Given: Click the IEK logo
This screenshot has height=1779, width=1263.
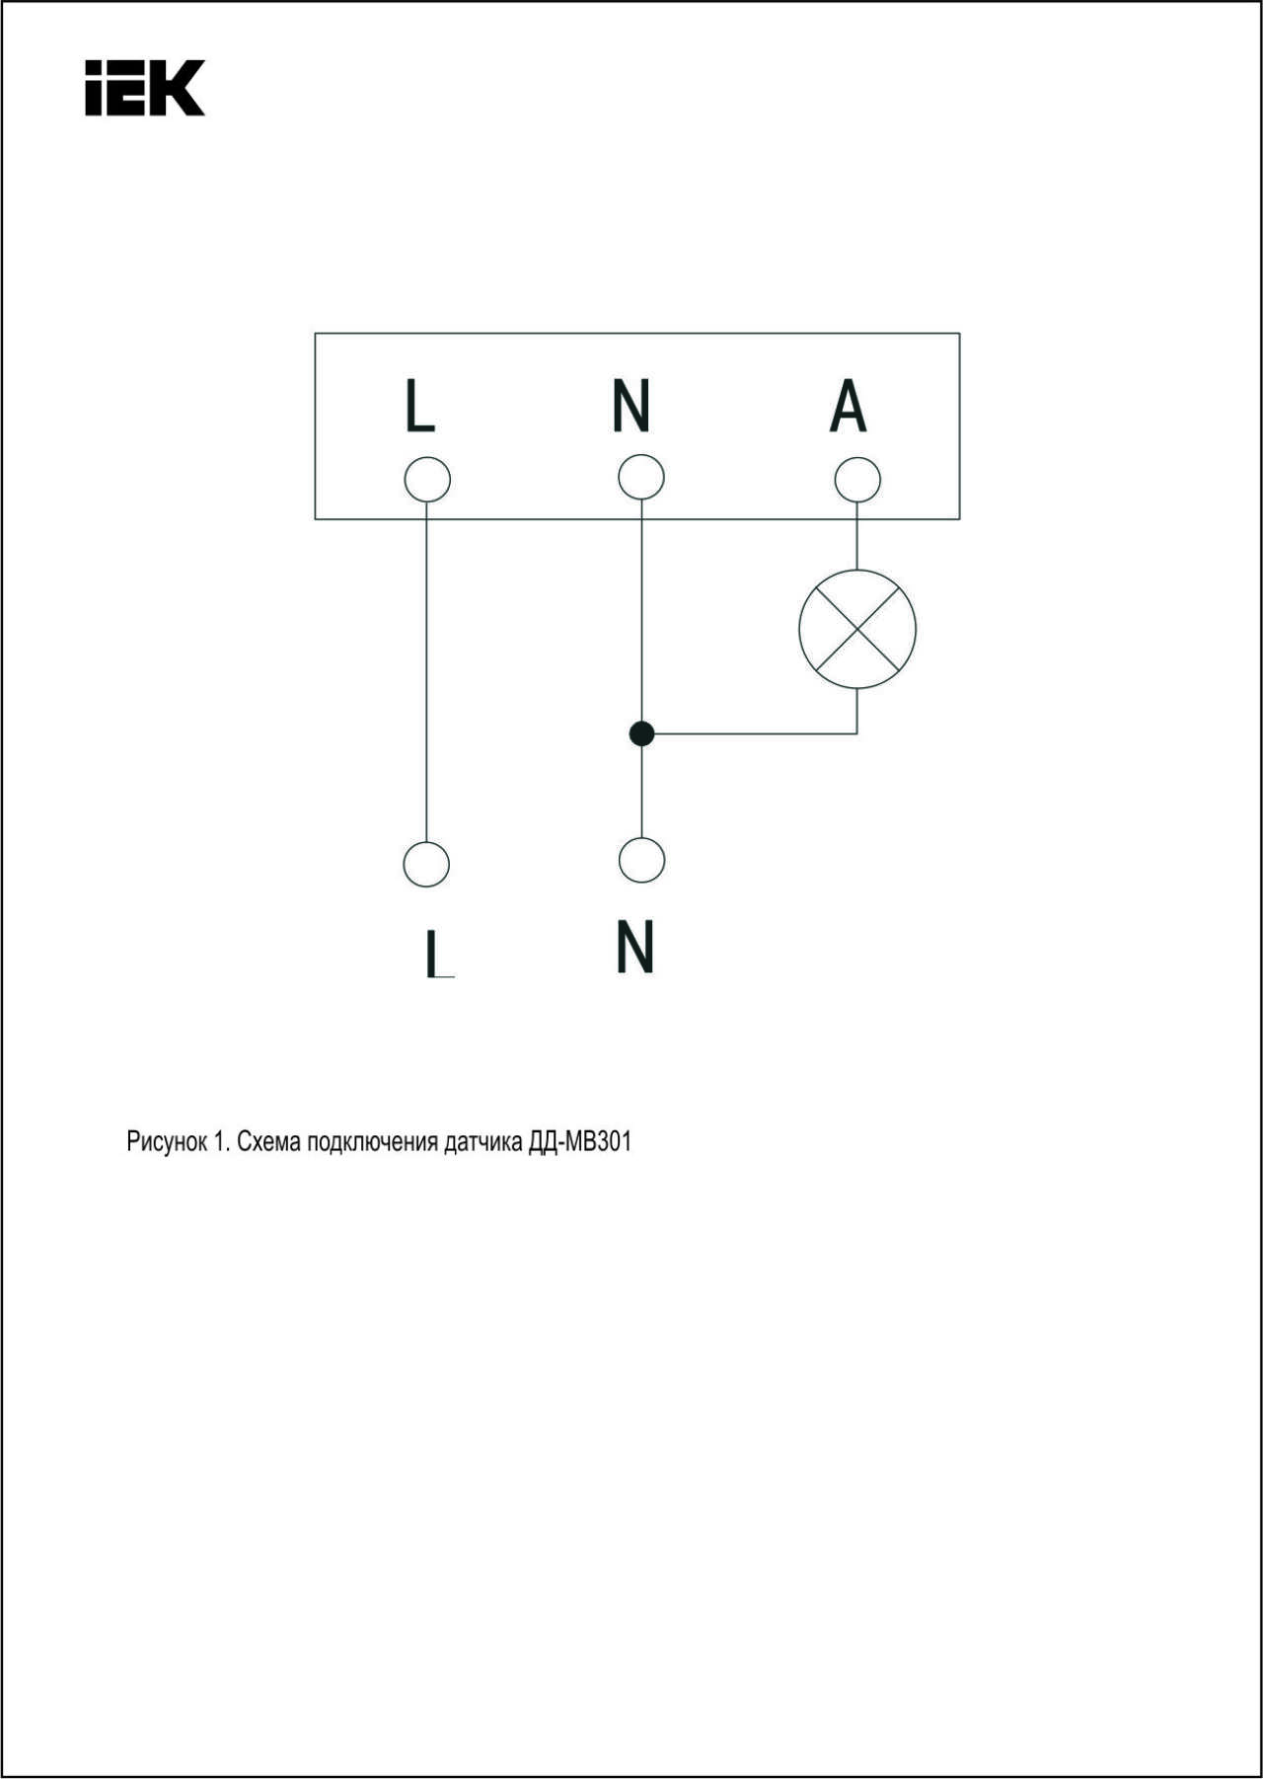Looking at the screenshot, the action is click(145, 88).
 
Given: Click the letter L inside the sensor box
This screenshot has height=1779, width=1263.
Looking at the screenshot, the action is click(420, 405).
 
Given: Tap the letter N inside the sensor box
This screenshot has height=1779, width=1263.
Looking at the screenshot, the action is click(631, 405).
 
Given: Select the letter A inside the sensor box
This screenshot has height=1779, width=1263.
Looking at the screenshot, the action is click(848, 405).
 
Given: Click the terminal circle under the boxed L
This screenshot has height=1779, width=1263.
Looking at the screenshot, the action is click(427, 480).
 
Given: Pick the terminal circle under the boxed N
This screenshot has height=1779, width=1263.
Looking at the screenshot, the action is click(641, 478).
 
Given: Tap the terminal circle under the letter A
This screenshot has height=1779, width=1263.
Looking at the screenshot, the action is click(856, 480).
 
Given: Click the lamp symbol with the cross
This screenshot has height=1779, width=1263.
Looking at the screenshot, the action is click(856, 629).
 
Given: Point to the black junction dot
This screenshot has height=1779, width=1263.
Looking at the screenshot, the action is click(641, 734).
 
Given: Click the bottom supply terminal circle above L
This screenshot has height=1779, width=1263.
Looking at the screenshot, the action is click(426, 864).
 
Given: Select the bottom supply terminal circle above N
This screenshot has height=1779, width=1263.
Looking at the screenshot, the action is click(641, 860).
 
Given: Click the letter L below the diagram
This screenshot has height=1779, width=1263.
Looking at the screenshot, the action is click(439, 954).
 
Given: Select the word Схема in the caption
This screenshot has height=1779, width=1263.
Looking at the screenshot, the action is click(268, 1142).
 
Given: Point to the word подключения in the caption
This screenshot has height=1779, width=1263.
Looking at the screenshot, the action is click(372, 1143).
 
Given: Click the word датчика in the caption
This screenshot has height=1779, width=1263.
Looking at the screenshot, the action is click(483, 1143).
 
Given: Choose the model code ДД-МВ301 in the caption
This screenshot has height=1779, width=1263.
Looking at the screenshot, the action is click(580, 1142).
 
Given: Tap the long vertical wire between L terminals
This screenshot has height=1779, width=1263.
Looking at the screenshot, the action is click(427, 672).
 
